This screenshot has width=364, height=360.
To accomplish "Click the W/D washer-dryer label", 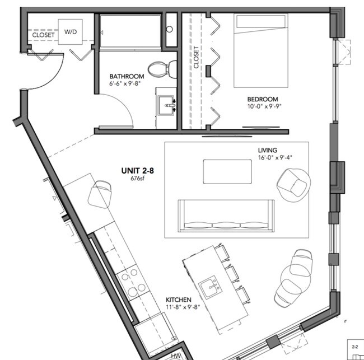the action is point(71,32).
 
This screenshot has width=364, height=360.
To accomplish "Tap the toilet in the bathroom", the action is point(162,69).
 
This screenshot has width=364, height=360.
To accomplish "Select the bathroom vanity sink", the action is point(166,105).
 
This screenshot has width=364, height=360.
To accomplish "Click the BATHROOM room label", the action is point(127,76).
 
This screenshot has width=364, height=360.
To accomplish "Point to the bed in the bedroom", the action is point(261,50).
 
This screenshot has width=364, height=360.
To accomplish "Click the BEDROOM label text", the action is point(263,99).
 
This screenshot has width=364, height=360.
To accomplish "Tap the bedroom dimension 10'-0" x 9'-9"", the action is point(264,106).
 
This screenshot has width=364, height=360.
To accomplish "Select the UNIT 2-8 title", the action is point(137,171).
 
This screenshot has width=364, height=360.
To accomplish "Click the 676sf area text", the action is point(137,179).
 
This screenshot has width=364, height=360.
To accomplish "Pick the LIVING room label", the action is point(268,150).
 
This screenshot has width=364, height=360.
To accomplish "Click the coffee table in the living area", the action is point(227,171).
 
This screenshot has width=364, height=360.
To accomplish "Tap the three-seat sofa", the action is point(226,216).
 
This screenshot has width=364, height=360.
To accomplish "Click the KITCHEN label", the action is point(179,300).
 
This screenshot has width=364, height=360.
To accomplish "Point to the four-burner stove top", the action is point(131,281).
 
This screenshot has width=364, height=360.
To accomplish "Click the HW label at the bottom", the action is point(176,356).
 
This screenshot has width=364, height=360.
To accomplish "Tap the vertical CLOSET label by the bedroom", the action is point(196,57).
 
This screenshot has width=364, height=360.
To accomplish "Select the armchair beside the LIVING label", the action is point(293,185).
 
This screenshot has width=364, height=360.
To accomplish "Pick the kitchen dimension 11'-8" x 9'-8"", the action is point(183,307).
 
